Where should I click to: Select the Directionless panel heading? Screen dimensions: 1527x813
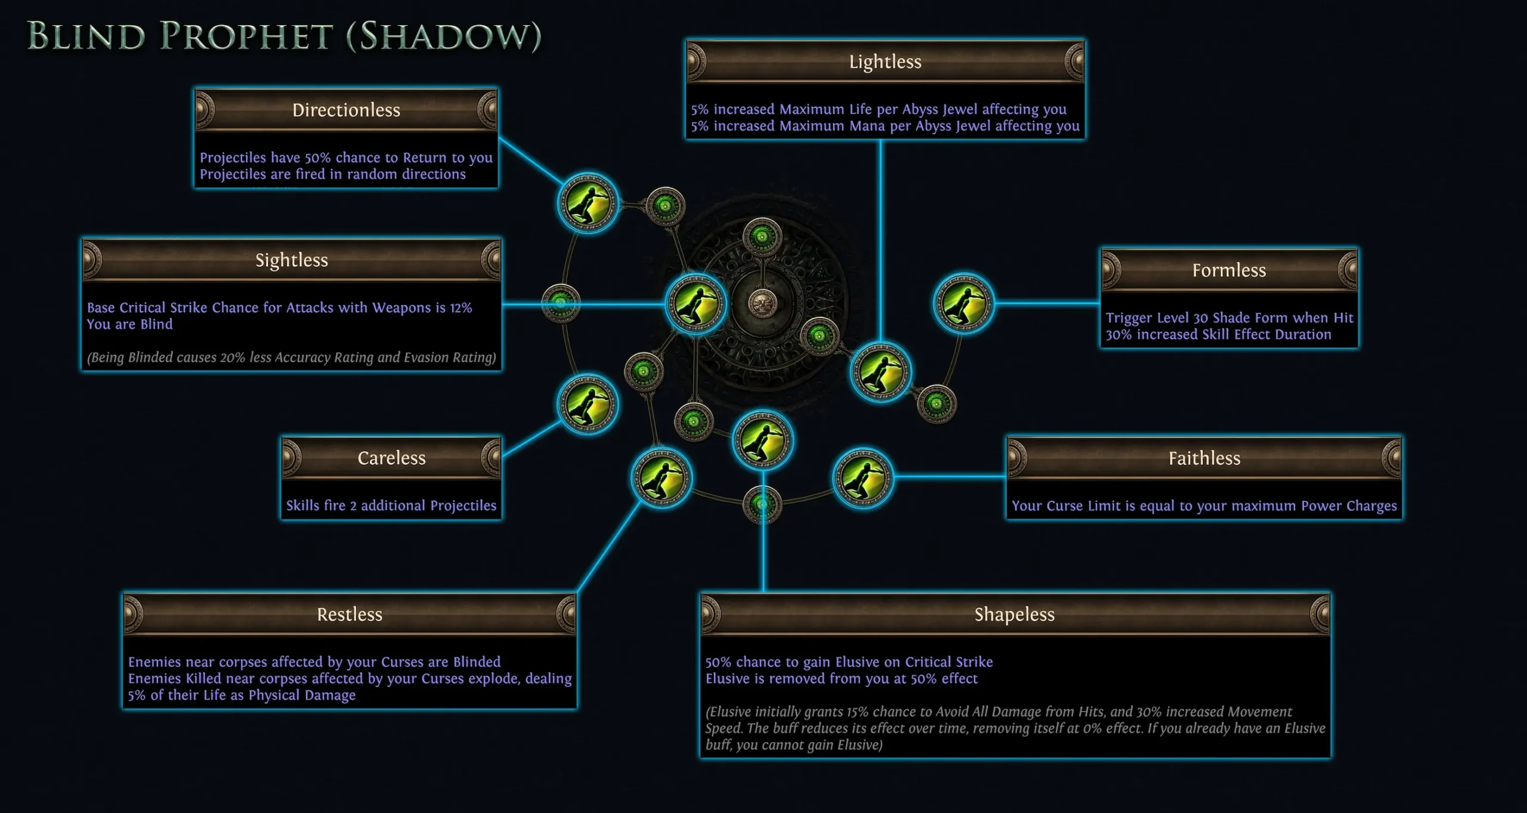coord(346,110)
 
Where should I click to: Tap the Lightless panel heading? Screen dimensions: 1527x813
coord(885,61)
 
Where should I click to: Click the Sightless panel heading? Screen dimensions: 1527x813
coord(292,260)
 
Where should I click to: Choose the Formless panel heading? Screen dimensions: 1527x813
coord(1229,270)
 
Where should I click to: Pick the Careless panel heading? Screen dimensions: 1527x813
coord(391,458)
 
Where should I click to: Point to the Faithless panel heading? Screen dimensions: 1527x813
coord(1204,458)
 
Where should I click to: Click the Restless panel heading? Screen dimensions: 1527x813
coord(350,614)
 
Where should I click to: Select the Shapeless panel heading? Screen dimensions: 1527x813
coord(1015,614)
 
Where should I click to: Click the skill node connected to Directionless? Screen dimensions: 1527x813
coord(588,203)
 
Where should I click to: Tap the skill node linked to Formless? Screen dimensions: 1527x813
coord(963,303)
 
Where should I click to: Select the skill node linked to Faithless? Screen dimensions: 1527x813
coord(863,478)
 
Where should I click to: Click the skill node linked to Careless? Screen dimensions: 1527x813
coord(588,404)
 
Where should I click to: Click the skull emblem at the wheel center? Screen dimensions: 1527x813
coord(762,303)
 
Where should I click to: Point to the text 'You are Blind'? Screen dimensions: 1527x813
coord(129,324)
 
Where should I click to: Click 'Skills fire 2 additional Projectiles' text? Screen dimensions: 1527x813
coord(391,506)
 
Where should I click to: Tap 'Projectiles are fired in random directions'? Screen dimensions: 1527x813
coord(333,174)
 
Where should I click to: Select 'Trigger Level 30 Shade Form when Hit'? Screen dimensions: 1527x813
coord(1229,318)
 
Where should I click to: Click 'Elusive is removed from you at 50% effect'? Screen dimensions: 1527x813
coord(842,679)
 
